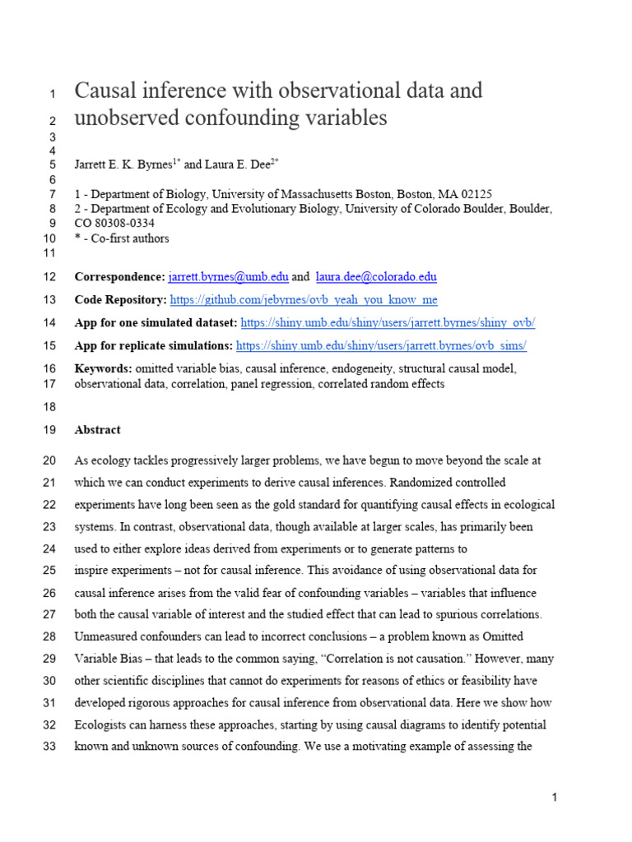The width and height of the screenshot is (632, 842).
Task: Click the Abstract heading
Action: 97,429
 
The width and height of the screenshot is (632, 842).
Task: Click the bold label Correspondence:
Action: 119,276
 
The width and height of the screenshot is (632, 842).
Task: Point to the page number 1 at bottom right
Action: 555,797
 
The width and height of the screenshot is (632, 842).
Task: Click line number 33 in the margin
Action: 48,747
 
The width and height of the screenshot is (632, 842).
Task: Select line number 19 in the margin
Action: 48,429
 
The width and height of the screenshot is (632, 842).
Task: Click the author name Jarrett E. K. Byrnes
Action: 123,164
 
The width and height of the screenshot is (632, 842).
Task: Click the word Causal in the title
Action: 106,90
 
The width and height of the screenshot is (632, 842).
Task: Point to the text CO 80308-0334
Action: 114,224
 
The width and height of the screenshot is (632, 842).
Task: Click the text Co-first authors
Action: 127,238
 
